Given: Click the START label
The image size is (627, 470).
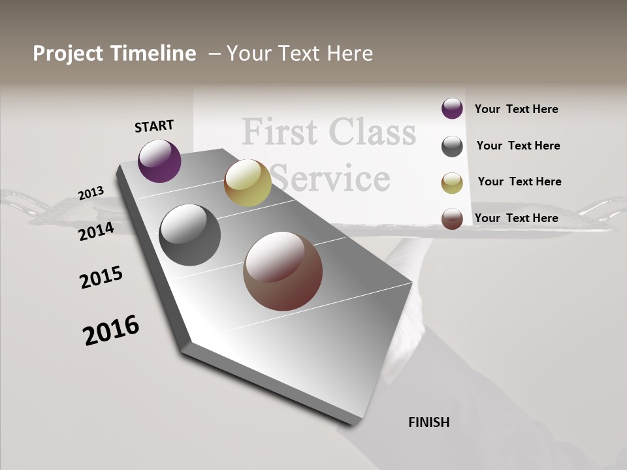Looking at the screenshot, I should (154, 126).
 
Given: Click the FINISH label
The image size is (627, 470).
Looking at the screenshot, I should (429, 422).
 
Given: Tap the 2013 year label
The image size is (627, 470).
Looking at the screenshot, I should (91, 193).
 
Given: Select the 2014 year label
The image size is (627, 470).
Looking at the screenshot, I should (96, 231).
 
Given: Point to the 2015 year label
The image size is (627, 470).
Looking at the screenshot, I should (101, 277).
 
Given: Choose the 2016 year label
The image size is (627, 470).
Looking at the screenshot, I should (111, 330).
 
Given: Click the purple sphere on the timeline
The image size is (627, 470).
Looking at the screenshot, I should (159, 161).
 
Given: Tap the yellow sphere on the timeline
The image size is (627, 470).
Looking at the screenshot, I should (248, 183).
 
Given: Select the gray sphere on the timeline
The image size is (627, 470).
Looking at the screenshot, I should (189, 235).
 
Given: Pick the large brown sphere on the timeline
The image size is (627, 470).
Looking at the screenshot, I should (283, 271).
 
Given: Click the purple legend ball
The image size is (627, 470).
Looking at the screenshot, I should (452, 108).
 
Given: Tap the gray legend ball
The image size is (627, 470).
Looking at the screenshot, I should (452, 146).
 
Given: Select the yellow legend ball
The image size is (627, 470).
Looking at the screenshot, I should (452, 183).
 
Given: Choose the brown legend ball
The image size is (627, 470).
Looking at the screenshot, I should (452, 219).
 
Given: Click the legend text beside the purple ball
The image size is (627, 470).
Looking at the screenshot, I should (516, 109).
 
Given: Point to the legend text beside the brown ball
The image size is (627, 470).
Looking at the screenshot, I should (516, 218).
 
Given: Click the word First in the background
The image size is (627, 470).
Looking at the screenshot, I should (280, 132).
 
